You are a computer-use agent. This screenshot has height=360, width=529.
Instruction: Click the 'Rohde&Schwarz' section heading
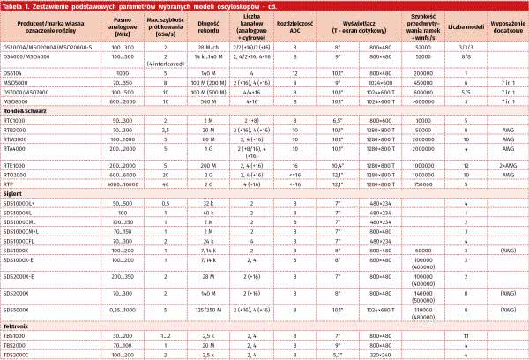pyautogui.click(x=23, y=110)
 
